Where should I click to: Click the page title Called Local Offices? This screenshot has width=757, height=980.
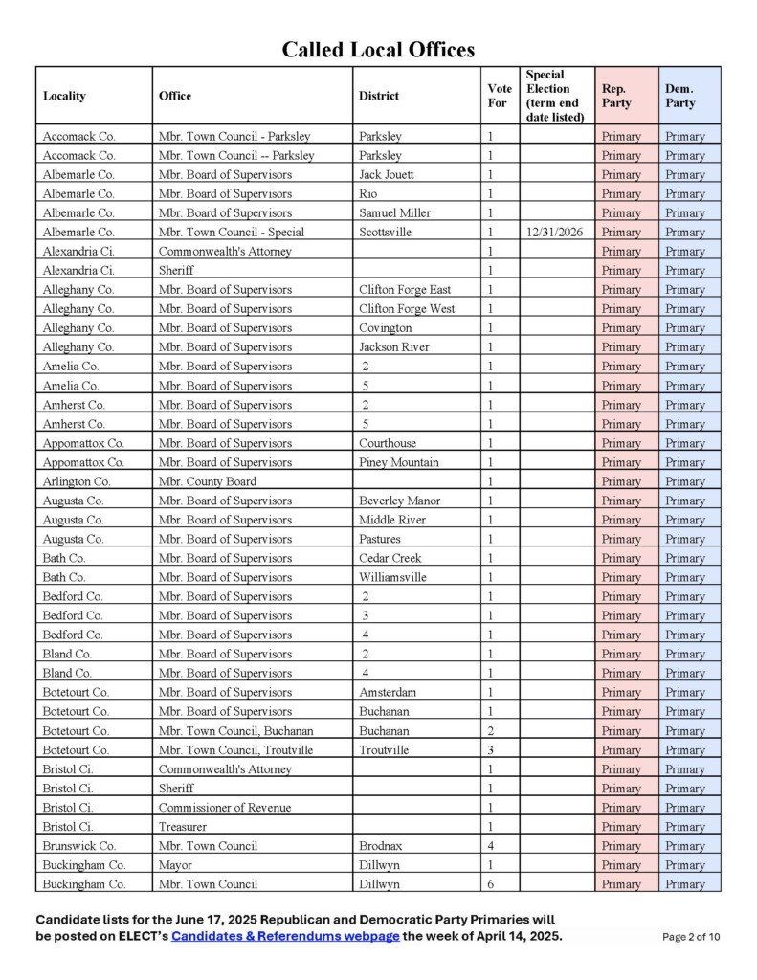[x=378, y=50]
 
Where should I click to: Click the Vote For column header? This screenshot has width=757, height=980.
[x=498, y=96]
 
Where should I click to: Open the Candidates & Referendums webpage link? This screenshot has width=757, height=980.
[x=285, y=936]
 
